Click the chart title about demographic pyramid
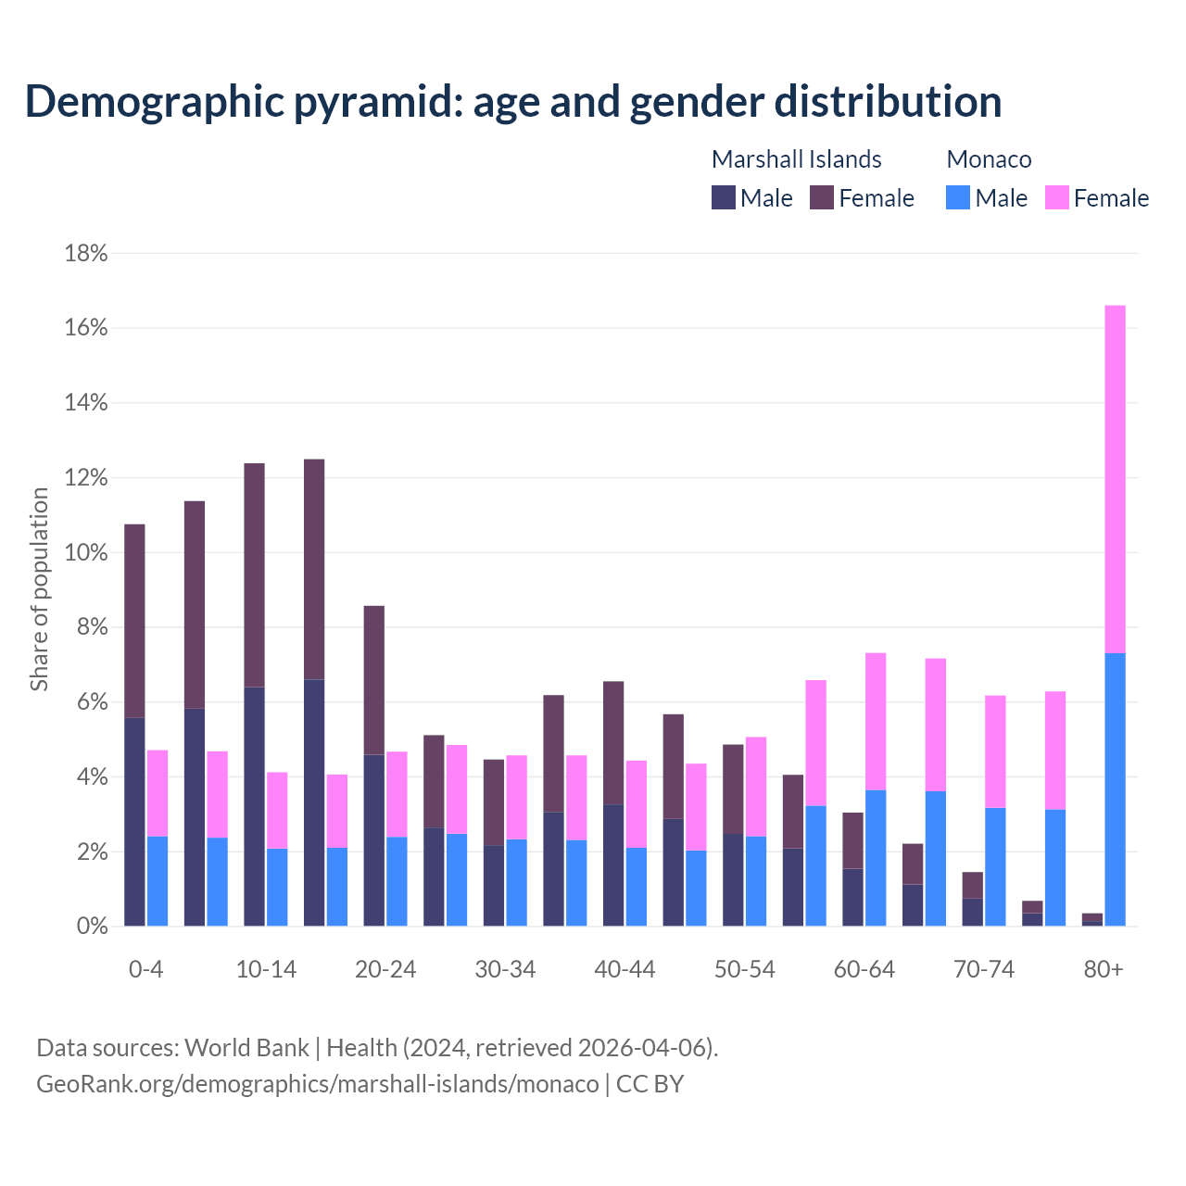tap(513, 101)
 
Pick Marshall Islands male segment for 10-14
tap(254, 806)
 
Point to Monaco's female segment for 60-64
tap(876, 721)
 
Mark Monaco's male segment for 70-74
tap(995, 866)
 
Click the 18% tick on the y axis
tap(86, 254)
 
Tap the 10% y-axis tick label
tap(86, 553)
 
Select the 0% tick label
tap(91, 927)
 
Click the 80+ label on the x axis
tap(1104, 970)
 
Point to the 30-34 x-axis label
tap(505, 970)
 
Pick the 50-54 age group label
tap(744, 970)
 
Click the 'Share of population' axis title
tap(40, 589)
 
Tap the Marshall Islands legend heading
tap(796, 159)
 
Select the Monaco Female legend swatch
tap(1057, 197)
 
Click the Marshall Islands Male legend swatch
tap(724, 197)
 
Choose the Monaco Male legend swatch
tap(958, 197)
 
